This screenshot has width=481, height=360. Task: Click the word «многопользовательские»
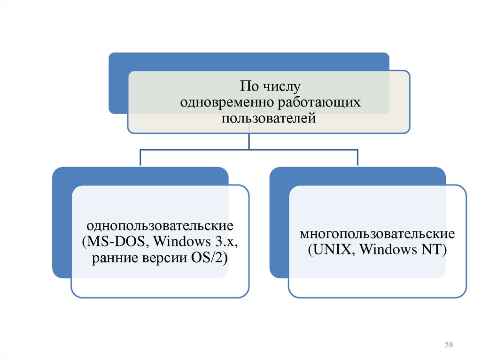[x=377, y=234]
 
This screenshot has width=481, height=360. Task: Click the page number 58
[x=449, y=345]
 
